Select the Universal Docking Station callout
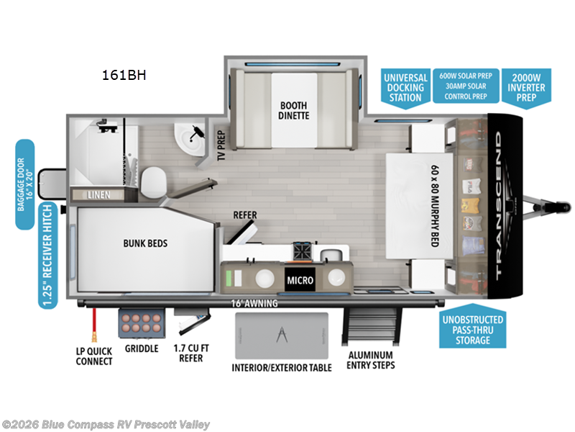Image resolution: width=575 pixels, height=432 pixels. coord(405,87)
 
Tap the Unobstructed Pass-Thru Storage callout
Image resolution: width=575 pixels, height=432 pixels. coord(472,329)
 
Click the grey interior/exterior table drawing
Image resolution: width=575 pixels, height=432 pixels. coord(280,334)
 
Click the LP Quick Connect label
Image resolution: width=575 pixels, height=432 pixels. coord(94,356)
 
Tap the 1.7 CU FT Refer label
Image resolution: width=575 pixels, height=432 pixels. coord(190,354)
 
